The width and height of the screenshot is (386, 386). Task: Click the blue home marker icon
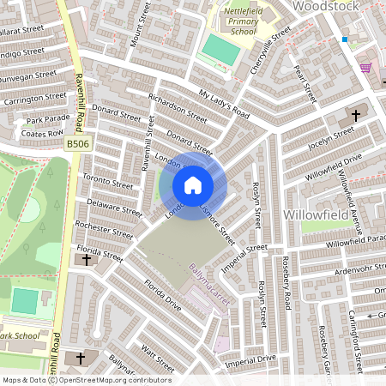192,185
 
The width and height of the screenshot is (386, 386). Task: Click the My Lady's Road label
223,103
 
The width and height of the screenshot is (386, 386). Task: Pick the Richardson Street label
178,108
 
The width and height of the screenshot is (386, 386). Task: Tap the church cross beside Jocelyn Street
356,115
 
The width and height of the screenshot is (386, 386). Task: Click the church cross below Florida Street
86,260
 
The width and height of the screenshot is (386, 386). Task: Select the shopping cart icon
366,67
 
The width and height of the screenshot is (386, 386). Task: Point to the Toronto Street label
107,181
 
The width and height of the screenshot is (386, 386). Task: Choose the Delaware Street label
114,208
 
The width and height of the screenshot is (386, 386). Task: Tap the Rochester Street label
104,231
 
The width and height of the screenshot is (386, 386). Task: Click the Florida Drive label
163,294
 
